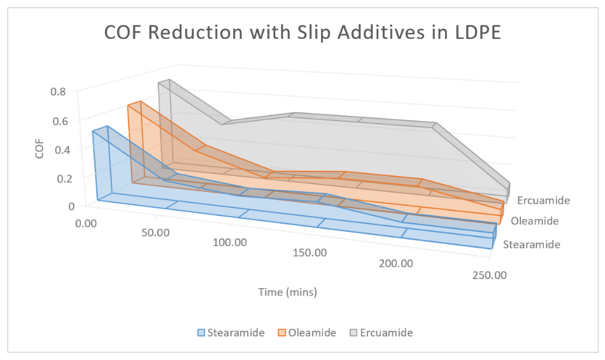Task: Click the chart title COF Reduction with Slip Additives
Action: click(302, 32)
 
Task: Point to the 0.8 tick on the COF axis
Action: click(59, 91)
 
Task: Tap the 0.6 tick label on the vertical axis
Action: click(59, 120)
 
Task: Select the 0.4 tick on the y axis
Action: click(59, 150)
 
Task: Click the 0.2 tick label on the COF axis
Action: click(59, 178)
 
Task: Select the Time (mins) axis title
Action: click(287, 292)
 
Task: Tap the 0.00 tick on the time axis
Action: click(85, 224)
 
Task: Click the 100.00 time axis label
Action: click(230, 243)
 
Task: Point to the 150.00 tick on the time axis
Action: click(310, 253)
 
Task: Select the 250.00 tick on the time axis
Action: click(490, 275)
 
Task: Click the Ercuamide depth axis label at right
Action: click(543, 200)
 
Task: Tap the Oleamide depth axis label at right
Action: click(535, 221)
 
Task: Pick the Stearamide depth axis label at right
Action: click(532, 245)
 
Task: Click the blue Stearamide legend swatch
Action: click(201, 333)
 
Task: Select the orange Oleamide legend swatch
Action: click(281, 333)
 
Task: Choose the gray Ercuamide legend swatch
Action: click(354, 333)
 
